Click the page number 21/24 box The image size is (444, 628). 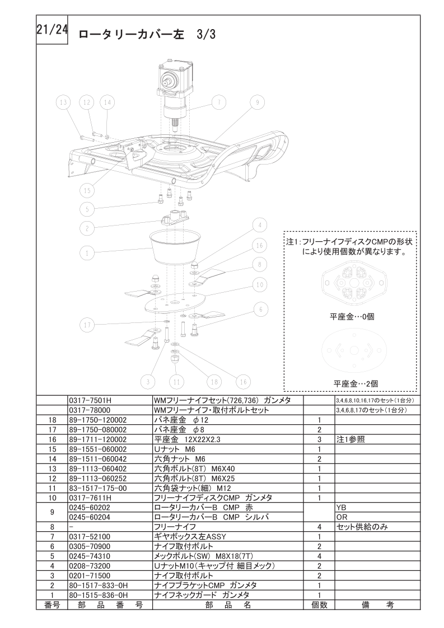(x=52, y=31)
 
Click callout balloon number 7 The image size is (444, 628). (x=219, y=102)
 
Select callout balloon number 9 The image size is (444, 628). (x=257, y=102)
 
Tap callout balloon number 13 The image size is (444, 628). (x=63, y=102)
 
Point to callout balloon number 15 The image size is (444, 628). (x=87, y=190)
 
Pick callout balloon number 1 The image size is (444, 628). (x=87, y=253)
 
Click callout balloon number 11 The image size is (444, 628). (x=176, y=382)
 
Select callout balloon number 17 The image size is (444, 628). (x=87, y=325)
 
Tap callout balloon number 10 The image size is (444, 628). (x=260, y=285)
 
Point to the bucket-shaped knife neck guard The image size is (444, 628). (x=175, y=247)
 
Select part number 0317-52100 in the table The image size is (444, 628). (x=90, y=537)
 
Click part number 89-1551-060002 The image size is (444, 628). (x=98, y=449)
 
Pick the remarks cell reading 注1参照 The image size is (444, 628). (x=350, y=439)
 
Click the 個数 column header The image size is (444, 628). (x=319, y=604)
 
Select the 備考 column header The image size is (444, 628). (x=377, y=604)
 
